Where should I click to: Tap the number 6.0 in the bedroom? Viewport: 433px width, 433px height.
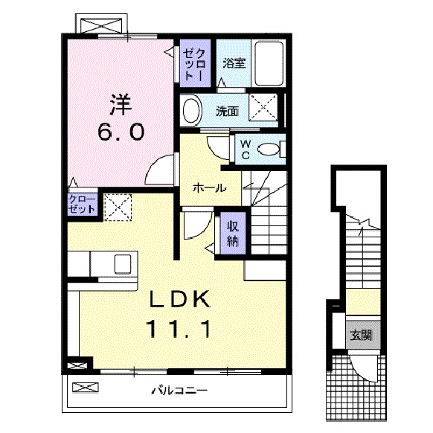(118, 133)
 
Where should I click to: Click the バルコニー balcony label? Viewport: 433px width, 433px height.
(179, 389)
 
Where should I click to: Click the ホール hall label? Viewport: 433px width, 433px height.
(209, 188)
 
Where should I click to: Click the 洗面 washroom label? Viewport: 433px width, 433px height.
(227, 112)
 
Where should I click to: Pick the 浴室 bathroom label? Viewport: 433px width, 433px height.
(234, 62)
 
